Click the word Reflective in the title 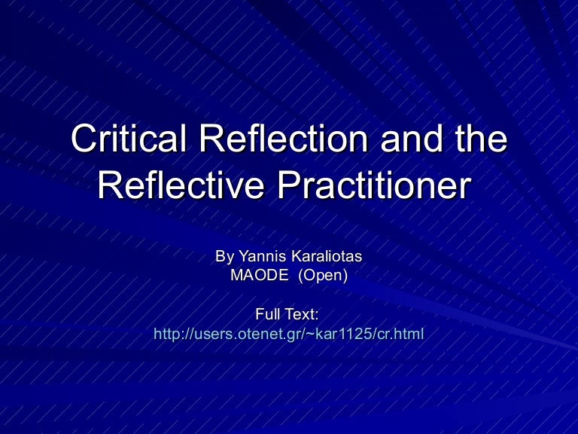click(x=181, y=185)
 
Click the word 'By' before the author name click(x=224, y=257)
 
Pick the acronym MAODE click(x=259, y=276)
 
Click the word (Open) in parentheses click(x=323, y=276)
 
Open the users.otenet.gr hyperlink click(x=289, y=333)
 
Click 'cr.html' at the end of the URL click(x=403, y=333)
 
